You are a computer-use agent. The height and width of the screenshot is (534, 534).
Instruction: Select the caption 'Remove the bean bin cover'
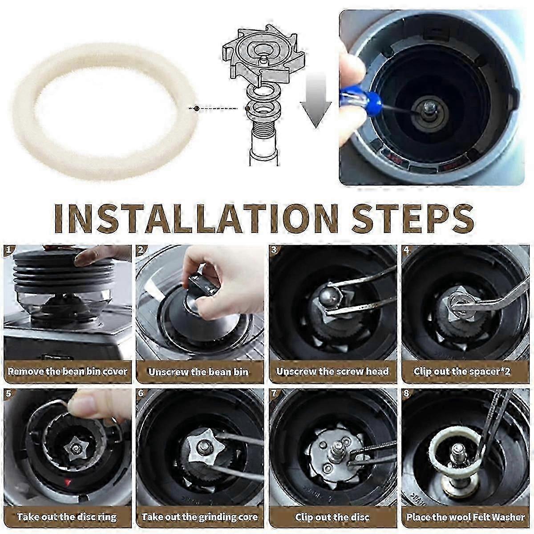coord(67,371)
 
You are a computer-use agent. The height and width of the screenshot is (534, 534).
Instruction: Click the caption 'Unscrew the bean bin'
coord(198,372)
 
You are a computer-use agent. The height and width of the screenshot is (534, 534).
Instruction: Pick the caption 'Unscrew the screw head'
coord(332,371)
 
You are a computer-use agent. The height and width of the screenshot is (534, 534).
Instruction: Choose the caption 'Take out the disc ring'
coord(67,517)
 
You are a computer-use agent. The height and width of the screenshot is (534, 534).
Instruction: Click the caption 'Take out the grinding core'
coord(199,517)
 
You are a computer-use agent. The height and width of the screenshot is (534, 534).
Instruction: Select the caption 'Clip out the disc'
coord(332,517)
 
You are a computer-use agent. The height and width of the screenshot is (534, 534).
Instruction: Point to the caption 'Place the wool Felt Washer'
coord(465,517)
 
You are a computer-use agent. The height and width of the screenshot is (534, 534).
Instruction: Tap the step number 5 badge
coord(9,394)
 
